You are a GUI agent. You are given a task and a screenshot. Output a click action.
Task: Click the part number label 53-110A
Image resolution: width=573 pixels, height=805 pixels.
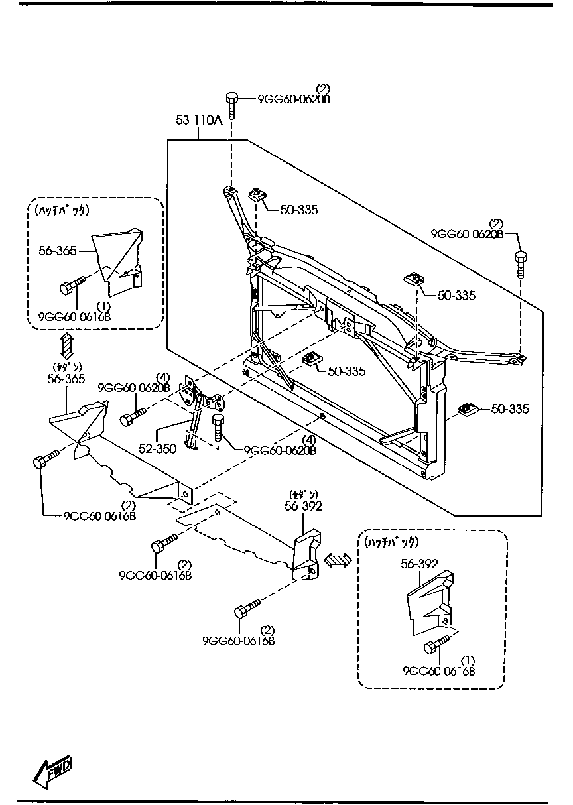(198, 120)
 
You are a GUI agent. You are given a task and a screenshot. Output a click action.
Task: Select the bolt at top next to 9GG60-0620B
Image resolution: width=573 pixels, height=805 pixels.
(231, 105)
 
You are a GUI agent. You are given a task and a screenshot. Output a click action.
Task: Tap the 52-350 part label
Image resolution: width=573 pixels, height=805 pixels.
(157, 449)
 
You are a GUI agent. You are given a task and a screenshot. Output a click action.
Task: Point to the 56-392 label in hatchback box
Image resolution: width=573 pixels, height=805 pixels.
(419, 564)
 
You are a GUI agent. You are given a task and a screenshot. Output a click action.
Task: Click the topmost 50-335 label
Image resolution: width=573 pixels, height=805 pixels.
(298, 210)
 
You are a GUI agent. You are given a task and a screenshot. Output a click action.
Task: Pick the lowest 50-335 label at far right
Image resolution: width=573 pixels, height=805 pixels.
(509, 409)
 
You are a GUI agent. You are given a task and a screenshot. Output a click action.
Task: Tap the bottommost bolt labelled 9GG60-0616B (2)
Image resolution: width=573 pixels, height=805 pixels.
(246, 609)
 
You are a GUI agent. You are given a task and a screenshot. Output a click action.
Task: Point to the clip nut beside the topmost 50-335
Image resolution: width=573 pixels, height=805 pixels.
(257, 195)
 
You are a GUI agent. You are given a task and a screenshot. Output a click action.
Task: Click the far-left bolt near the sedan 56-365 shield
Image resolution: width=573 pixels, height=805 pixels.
(44, 460)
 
